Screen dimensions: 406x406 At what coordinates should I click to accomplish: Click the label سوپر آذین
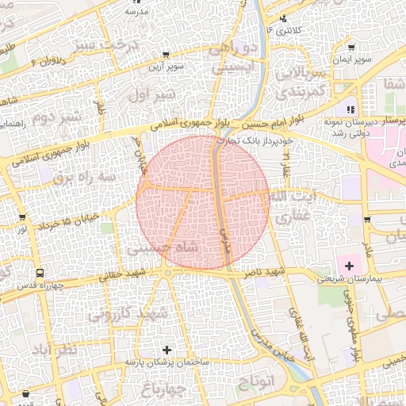pos(169,67)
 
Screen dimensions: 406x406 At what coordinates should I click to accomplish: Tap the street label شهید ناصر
pos(266,272)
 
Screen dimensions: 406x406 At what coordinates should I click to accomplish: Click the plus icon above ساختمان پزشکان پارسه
pos(167,350)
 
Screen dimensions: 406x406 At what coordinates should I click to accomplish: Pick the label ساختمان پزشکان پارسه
pos(166,362)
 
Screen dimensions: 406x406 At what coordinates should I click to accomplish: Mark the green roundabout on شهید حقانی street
pos(168,275)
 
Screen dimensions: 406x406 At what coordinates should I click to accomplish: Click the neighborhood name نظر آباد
pos(56,350)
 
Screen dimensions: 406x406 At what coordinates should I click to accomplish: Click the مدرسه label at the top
pos(132,13)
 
